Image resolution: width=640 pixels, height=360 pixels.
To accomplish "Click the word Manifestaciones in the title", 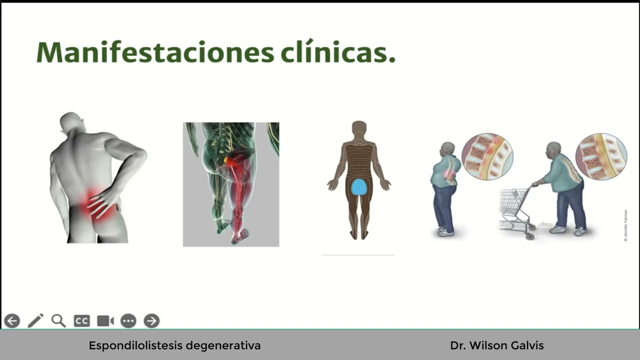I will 155,52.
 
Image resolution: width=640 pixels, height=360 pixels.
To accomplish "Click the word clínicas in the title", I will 337,52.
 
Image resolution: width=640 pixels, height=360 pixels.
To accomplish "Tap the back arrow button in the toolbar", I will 12,321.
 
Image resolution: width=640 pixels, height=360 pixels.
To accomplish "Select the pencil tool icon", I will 35,321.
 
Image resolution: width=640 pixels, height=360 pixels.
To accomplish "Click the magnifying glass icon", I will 58,321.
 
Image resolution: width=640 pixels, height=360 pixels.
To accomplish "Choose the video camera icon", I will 105,321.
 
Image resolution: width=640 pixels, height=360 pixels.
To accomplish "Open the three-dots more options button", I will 128,321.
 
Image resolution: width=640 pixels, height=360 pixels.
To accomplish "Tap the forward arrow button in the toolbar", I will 151,321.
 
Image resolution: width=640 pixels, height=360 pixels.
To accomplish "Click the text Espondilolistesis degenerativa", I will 174,345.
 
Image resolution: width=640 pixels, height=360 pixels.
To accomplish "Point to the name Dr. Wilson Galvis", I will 496,345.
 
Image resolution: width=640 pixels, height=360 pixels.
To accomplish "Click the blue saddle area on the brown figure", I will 358,187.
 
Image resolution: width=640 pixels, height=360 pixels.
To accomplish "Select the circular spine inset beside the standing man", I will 487,156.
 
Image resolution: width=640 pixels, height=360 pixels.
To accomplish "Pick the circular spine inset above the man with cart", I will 601,156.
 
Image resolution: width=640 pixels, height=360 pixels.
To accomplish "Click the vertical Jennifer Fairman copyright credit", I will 625,225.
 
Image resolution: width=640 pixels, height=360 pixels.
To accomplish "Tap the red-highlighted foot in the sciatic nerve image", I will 242,234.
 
